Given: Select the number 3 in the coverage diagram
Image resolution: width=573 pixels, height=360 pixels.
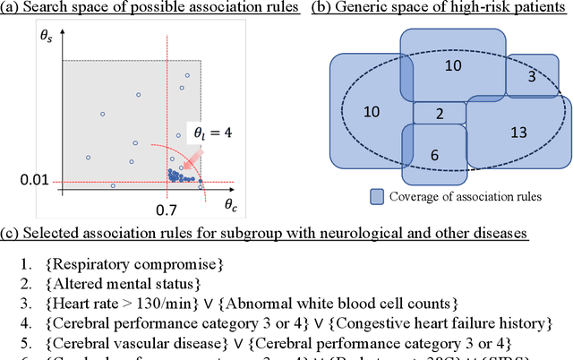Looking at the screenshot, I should click(x=532, y=77).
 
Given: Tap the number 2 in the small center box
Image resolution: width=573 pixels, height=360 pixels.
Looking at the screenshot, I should click(x=439, y=114).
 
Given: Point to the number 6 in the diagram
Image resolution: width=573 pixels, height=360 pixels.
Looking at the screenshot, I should click(x=435, y=154).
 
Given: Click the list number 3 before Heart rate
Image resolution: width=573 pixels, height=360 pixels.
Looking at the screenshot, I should click(x=24, y=303).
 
